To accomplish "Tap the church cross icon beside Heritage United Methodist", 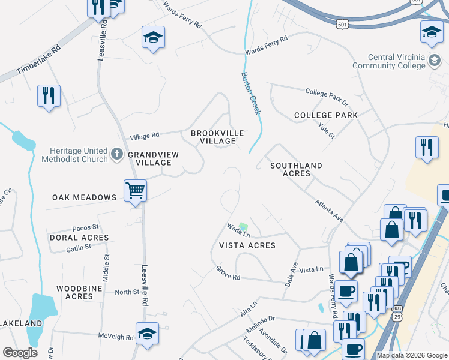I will pyautogui.click(x=117, y=155).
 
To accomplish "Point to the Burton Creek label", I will pyautogui.click(x=251, y=93).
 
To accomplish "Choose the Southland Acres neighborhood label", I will pyautogui.click(x=296, y=169).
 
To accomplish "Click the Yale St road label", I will pyautogui.click(x=327, y=130).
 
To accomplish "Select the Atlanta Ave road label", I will pyautogui.click(x=330, y=211).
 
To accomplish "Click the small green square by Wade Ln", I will pyautogui.click(x=243, y=227).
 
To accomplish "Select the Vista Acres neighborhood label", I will pyautogui.click(x=247, y=245).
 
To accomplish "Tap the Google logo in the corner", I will pyautogui.click(x=20, y=352).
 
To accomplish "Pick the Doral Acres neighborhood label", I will pyautogui.click(x=79, y=238).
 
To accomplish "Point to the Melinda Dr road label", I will pyautogui.click(x=260, y=326).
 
